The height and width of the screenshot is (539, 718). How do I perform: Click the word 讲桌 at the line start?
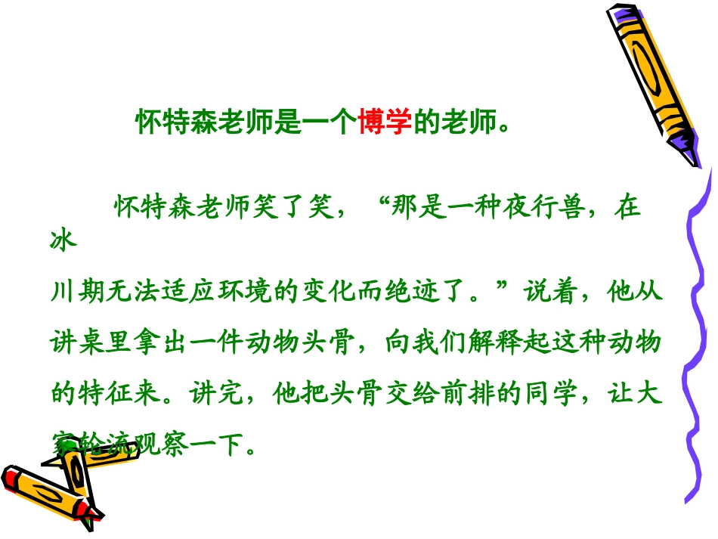pos(74,342)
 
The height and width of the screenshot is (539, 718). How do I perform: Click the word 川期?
pos(74,294)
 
